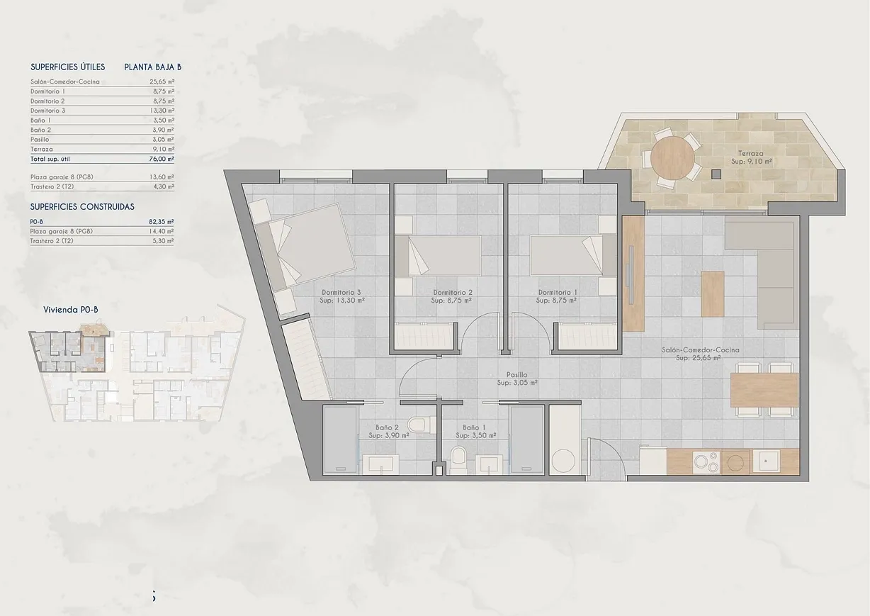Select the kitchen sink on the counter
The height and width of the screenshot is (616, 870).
coord(765,462)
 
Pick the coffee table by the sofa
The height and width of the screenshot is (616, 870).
coord(713,293)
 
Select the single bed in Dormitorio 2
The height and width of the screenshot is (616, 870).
coord(437,256)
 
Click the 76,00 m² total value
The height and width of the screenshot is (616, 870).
coord(162,159)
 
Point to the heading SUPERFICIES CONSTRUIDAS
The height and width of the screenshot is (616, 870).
coord(82,207)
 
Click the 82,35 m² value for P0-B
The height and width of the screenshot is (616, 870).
coord(162,222)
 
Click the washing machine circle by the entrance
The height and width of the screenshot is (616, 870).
coord(565,461)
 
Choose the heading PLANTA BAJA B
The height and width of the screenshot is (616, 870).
coord(153,67)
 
